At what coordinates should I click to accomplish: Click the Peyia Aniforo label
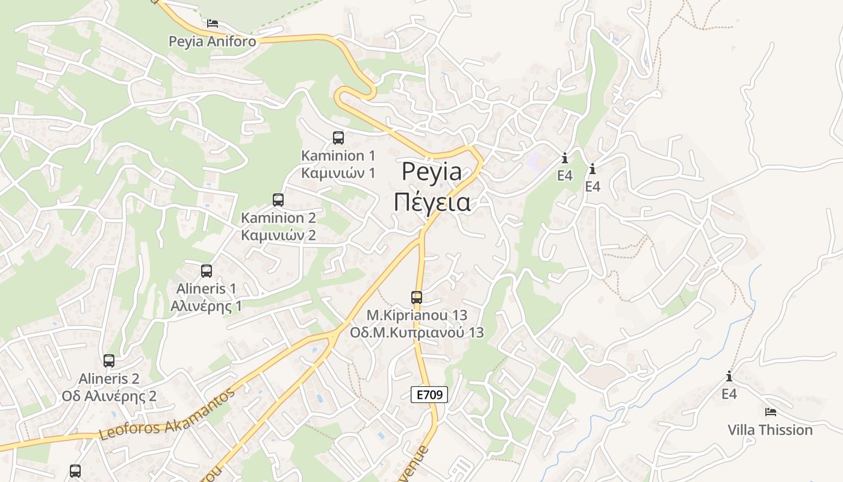click(x=212, y=42)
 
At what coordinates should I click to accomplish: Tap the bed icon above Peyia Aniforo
click(x=212, y=23)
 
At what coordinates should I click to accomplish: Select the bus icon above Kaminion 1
click(x=338, y=138)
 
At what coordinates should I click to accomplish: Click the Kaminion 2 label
click(x=278, y=218)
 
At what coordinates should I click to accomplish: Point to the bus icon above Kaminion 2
click(x=278, y=199)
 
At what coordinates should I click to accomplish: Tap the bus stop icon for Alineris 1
click(x=207, y=271)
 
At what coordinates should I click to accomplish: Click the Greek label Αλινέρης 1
click(x=206, y=306)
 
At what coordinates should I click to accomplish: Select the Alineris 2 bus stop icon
click(x=109, y=361)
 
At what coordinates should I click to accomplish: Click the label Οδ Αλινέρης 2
click(x=109, y=396)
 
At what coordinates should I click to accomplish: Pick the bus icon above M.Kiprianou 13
click(x=417, y=297)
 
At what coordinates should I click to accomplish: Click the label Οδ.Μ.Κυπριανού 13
click(x=417, y=332)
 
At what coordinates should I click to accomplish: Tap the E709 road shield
click(x=429, y=395)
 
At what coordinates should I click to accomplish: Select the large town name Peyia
click(x=432, y=172)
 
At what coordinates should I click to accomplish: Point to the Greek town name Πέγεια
click(x=432, y=202)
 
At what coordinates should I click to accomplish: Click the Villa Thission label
click(x=770, y=430)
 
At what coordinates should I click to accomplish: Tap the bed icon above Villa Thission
click(x=770, y=412)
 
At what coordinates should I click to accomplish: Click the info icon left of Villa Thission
click(x=729, y=377)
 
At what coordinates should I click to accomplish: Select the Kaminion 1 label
click(x=338, y=155)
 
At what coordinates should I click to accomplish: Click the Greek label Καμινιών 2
click(x=278, y=235)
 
